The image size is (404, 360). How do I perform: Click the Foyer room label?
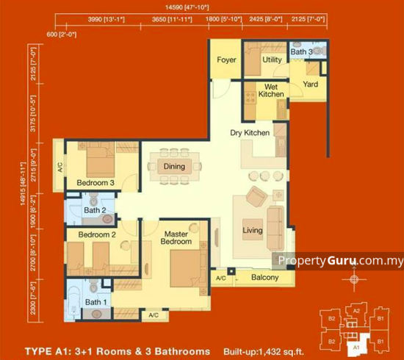(227, 60)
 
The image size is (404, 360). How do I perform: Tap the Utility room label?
(273, 60)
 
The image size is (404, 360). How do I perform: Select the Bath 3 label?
(301, 51)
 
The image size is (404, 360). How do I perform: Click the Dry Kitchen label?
(249, 133)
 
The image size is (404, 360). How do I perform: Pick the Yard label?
(311, 84)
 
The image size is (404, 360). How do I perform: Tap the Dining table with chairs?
(174, 167)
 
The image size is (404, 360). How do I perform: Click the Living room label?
(253, 231)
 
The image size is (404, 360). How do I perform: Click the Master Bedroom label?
(177, 237)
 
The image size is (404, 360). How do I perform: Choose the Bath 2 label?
(95, 211)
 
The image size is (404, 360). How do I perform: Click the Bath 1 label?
(95, 302)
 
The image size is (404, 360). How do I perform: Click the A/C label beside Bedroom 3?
(59, 166)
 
